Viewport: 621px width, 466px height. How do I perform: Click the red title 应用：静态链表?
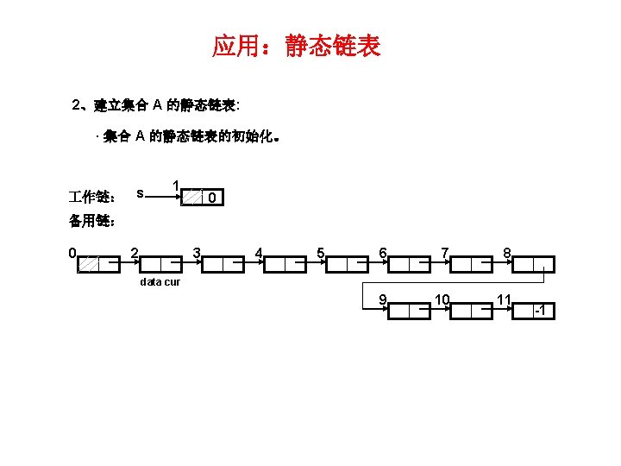point(297,46)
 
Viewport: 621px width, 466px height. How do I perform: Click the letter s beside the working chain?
point(140,191)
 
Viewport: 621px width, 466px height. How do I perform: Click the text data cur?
point(160,282)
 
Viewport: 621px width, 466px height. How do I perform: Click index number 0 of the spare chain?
point(73,252)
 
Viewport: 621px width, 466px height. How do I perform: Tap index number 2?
point(134,252)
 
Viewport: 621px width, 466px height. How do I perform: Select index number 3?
point(197,252)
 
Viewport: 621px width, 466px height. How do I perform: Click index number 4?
point(258,252)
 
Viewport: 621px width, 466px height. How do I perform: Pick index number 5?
point(320,252)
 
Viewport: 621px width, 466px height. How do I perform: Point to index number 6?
point(381,252)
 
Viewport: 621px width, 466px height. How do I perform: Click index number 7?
point(444,252)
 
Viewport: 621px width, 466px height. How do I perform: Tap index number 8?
point(508,252)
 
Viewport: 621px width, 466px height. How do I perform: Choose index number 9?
point(381,299)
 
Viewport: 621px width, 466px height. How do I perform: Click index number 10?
point(442,299)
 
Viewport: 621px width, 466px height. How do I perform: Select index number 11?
point(505,299)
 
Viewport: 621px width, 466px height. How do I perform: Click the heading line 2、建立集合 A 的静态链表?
point(157,105)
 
